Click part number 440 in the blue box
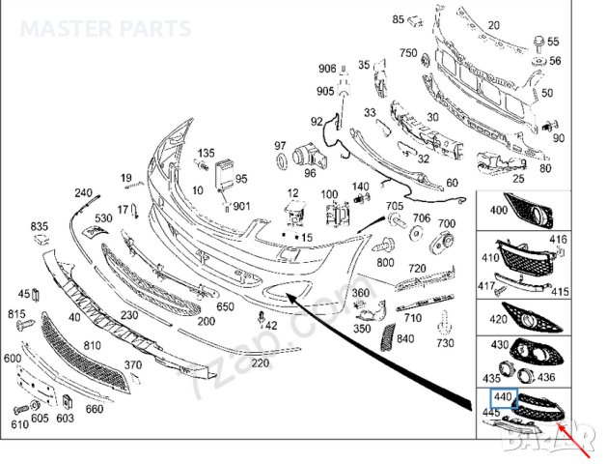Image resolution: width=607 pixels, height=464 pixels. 502,396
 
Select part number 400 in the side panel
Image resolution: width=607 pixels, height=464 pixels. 499,210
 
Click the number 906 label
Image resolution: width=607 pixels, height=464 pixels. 327,68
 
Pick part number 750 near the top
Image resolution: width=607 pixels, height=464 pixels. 408,52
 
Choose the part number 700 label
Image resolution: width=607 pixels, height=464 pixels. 447,223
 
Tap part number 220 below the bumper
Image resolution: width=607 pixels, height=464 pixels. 260,363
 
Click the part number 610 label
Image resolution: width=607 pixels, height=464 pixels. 20,424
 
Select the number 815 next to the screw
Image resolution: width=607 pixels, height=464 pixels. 17,314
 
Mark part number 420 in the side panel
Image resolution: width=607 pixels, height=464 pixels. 499,319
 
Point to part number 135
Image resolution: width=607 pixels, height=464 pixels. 207,154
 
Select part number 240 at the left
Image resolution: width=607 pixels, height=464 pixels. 83,193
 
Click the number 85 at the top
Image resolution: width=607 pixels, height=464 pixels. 372,19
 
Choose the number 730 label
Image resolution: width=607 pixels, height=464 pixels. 445,343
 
